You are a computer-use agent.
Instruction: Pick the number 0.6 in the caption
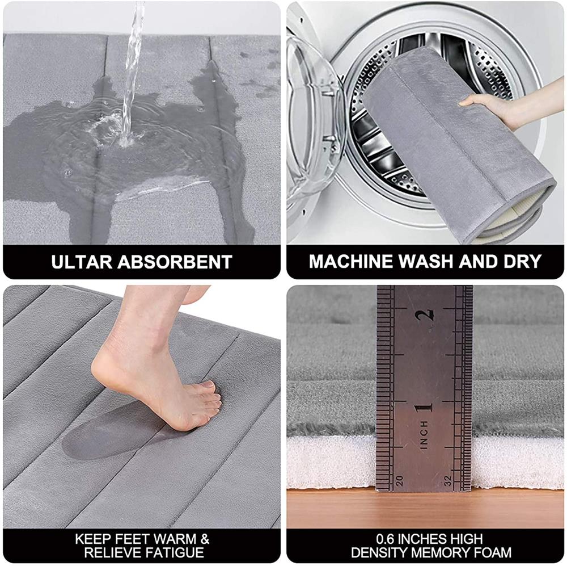(x=385, y=539)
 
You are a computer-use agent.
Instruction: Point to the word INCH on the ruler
(x=424, y=435)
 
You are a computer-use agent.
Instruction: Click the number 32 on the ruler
(x=448, y=480)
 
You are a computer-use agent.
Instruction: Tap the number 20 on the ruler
(x=399, y=480)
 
